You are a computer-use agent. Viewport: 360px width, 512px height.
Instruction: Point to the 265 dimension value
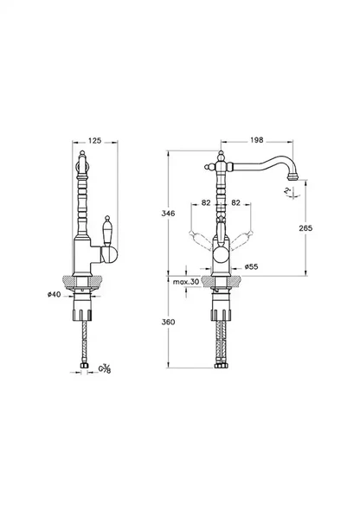coord(318,227)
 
